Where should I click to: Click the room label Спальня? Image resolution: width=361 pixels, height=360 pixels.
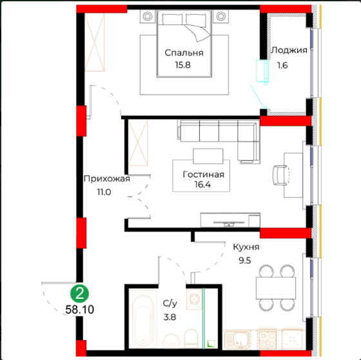click(x=184, y=53)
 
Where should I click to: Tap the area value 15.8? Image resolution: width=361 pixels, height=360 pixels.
click(x=183, y=65)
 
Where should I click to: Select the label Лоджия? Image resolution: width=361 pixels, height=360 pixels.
click(x=289, y=50)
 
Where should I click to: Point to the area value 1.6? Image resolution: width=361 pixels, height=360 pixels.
click(x=282, y=65)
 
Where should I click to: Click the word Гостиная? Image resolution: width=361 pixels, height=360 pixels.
click(x=203, y=175)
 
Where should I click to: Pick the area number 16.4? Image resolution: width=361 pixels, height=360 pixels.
click(x=202, y=184)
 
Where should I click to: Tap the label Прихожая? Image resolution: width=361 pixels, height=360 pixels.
click(x=107, y=179)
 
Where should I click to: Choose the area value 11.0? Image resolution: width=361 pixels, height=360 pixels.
click(x=104, y=192)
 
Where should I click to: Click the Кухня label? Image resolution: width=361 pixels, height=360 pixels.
click(x=246, y=247)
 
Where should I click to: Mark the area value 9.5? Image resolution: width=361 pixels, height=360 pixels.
click(x=245, y=261)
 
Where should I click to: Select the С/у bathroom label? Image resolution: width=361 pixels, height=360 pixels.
click(x=170, y=303)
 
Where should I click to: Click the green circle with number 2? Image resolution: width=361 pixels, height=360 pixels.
click(x=80, y=294)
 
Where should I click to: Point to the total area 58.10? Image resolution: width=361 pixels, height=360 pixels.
click(x=80, y=310)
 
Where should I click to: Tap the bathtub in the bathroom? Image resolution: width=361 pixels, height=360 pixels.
click(x=143, y=319)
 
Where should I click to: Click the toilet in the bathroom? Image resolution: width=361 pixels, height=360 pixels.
click(x=191, y=339)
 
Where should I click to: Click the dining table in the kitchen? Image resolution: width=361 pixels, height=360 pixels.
click(x=276, y=288)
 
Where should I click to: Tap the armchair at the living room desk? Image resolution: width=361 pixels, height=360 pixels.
click(x=281, y=175)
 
